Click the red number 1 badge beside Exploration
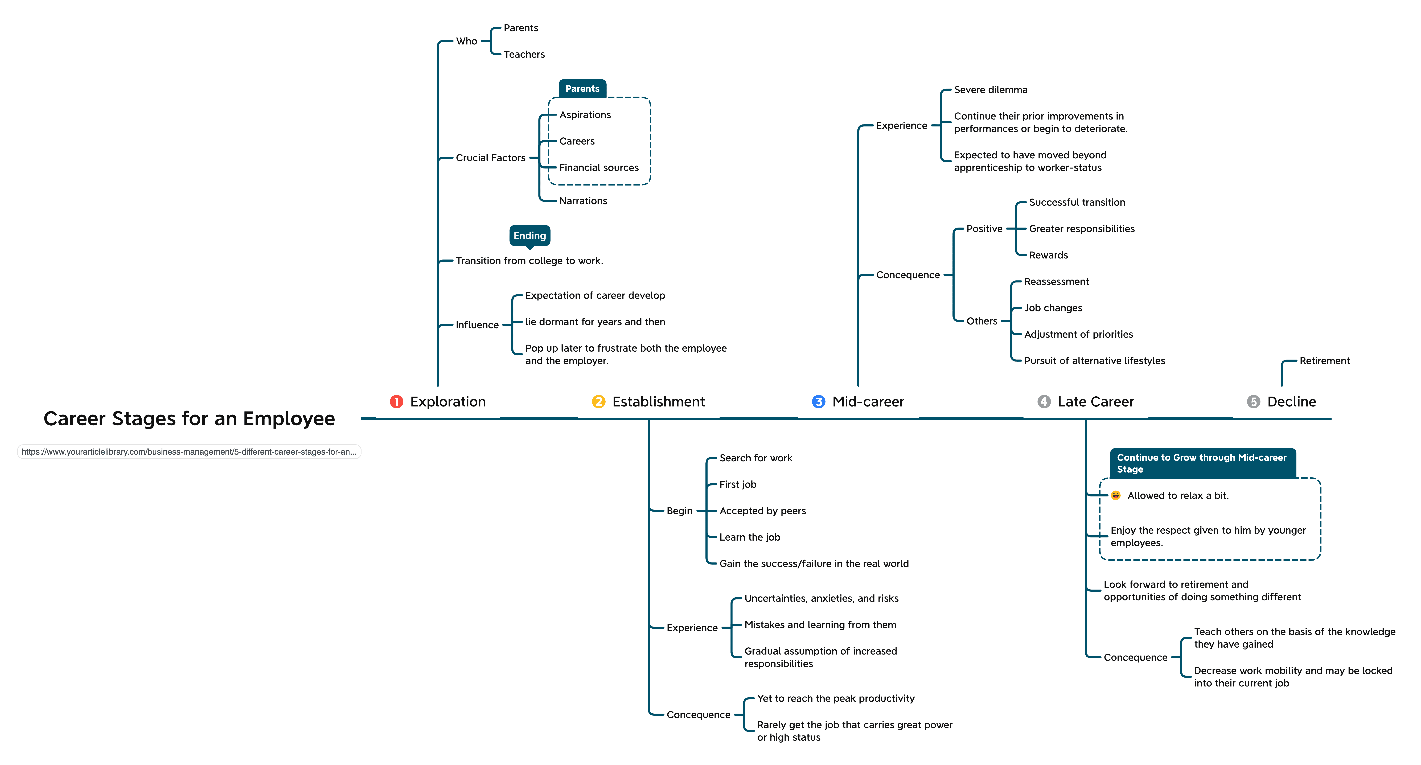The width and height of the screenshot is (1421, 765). click(396, 402)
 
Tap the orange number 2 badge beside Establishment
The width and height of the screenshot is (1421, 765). click(598, 402)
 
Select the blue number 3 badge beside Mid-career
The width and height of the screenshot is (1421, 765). click(819, 402)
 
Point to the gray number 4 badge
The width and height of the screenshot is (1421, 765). click(1044, 402)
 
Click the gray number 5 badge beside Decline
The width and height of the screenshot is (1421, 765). click(1253, 402)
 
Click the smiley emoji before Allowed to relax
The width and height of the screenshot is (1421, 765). click(1115, 495)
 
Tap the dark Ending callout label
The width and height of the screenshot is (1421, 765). click(529, 236)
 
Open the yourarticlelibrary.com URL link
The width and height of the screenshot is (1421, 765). click(189, 452)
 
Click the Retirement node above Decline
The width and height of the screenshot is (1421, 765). click(1324, 361)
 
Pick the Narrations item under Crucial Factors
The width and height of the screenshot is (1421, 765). click(583, 201)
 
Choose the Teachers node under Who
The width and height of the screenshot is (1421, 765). click(524, 54)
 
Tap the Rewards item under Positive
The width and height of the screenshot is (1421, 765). click(1048, 255)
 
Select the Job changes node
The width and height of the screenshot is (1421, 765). click(1053, 308)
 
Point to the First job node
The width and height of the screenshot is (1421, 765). click(738, 484)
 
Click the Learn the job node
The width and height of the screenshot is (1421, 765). click(750, 537)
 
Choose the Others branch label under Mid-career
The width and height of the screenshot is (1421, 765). click(982, 321)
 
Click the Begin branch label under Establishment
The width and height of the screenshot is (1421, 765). click(679, 511)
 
